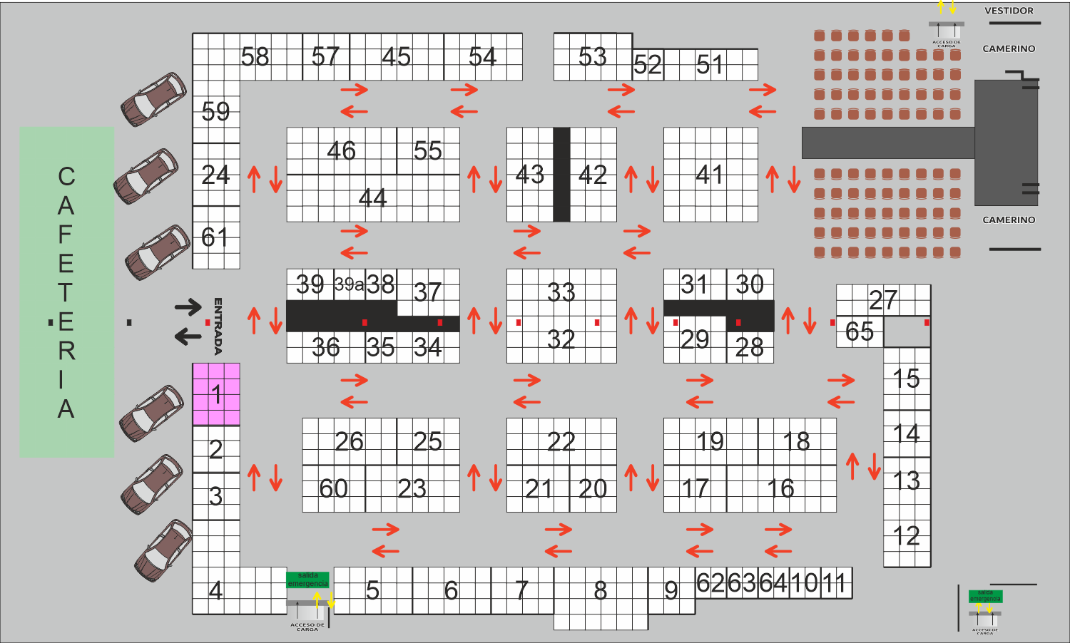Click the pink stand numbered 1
(x=216, y=394)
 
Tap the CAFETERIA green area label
(x=66, y=292)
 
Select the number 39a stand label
(x=349, y=284)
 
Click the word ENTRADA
(x=218, y=326)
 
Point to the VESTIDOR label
(x=1009, y=11)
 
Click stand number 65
(x=860, y=331)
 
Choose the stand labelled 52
(x=648, y=66)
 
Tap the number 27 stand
(x=883, y=300)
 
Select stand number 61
(x=215, y=237)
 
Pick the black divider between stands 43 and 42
(x=561, y=175)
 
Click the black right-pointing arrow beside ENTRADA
(x=188, y=307)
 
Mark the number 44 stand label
(x=372, y=198)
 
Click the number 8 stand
(x=601, y=591)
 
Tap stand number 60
(x=333, y=489)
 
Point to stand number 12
(x=907, y=536)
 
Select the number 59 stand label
(x=215, y=112)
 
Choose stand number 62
(x=710, y=583)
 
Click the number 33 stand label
(x=561, y=292)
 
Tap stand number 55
(x=428, y=151)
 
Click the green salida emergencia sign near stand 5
(x=307, y=580)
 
